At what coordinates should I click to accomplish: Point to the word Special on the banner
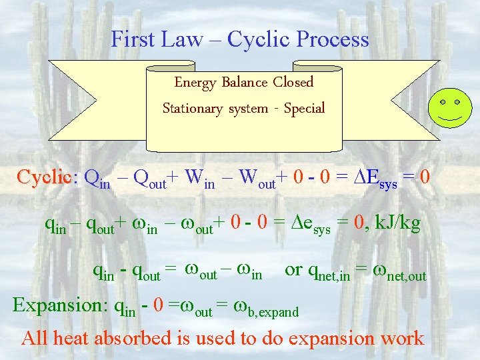(304, 108)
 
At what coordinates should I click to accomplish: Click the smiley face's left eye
(442, 103)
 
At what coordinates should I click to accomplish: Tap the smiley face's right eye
(458, 103)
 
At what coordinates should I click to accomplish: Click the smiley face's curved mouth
(450, 117)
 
